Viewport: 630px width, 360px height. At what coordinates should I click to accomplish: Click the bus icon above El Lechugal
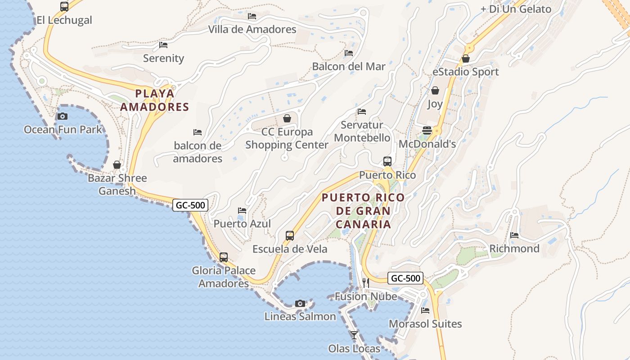coord(64,7)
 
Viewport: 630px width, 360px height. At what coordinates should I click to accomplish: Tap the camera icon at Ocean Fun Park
coord(63,116)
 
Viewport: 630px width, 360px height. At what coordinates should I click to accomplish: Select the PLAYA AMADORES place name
coord(154,100)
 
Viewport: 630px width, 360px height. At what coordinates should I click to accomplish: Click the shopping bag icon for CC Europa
coord(287,118)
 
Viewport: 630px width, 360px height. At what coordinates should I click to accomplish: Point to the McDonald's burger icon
coord(427,130)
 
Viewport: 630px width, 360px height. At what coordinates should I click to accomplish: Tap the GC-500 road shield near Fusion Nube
coord(405,278)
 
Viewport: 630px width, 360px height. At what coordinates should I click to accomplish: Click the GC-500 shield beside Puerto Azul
coord(190,205)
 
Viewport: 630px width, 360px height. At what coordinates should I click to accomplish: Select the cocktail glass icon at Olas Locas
coord(354,335)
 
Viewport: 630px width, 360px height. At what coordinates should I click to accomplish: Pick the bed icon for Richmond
coord(514,235)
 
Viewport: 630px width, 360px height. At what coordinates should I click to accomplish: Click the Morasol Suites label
coord(425,324)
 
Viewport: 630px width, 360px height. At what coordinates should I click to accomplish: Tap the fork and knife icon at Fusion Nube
coord(366,283)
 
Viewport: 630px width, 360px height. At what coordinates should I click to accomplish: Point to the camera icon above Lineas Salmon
coord(300,303)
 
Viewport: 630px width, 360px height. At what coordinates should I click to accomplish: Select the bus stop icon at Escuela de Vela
coord(290,235)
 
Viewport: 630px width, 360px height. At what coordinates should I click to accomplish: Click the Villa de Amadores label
coord(252,30)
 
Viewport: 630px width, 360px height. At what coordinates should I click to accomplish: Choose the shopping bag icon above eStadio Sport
coord(466,58)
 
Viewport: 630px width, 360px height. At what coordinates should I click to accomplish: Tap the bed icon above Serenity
coord(163,45)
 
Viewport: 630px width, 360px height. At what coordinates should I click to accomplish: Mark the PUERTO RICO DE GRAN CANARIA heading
coord(363,211)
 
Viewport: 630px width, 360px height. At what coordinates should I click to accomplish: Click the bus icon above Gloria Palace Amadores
coord(224,257)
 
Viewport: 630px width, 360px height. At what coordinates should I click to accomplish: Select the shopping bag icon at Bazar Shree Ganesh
coord(117,165)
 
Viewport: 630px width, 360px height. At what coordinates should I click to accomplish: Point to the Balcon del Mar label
coord(349,67)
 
